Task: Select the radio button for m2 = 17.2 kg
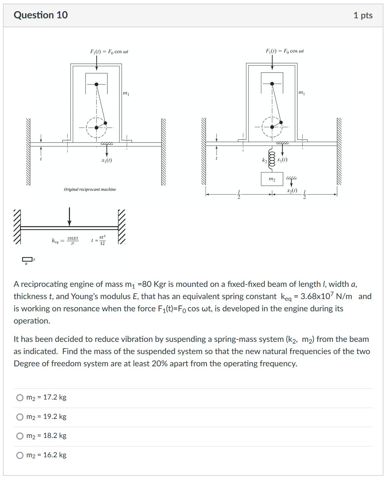click(20, 398)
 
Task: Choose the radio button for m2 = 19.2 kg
click(20, 417)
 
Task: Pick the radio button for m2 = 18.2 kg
click(20, 436)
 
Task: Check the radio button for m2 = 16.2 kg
click(20, 455)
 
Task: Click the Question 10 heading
click(40, 15)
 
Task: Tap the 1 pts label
click(363, 15)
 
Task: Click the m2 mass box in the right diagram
click(272, 179)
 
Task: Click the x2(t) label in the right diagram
click(292, 190)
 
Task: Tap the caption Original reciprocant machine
click(90, 189)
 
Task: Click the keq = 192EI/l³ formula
click(65, 241)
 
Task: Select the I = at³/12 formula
click(99, 240)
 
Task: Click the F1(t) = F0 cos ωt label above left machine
click(109, 52)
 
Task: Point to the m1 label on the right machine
click(301, 93)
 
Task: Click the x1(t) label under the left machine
click(106, 160)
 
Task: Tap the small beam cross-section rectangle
click(27, 259)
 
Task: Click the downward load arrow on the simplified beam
click(69, 217)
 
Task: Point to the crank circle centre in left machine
click(96, 128)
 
